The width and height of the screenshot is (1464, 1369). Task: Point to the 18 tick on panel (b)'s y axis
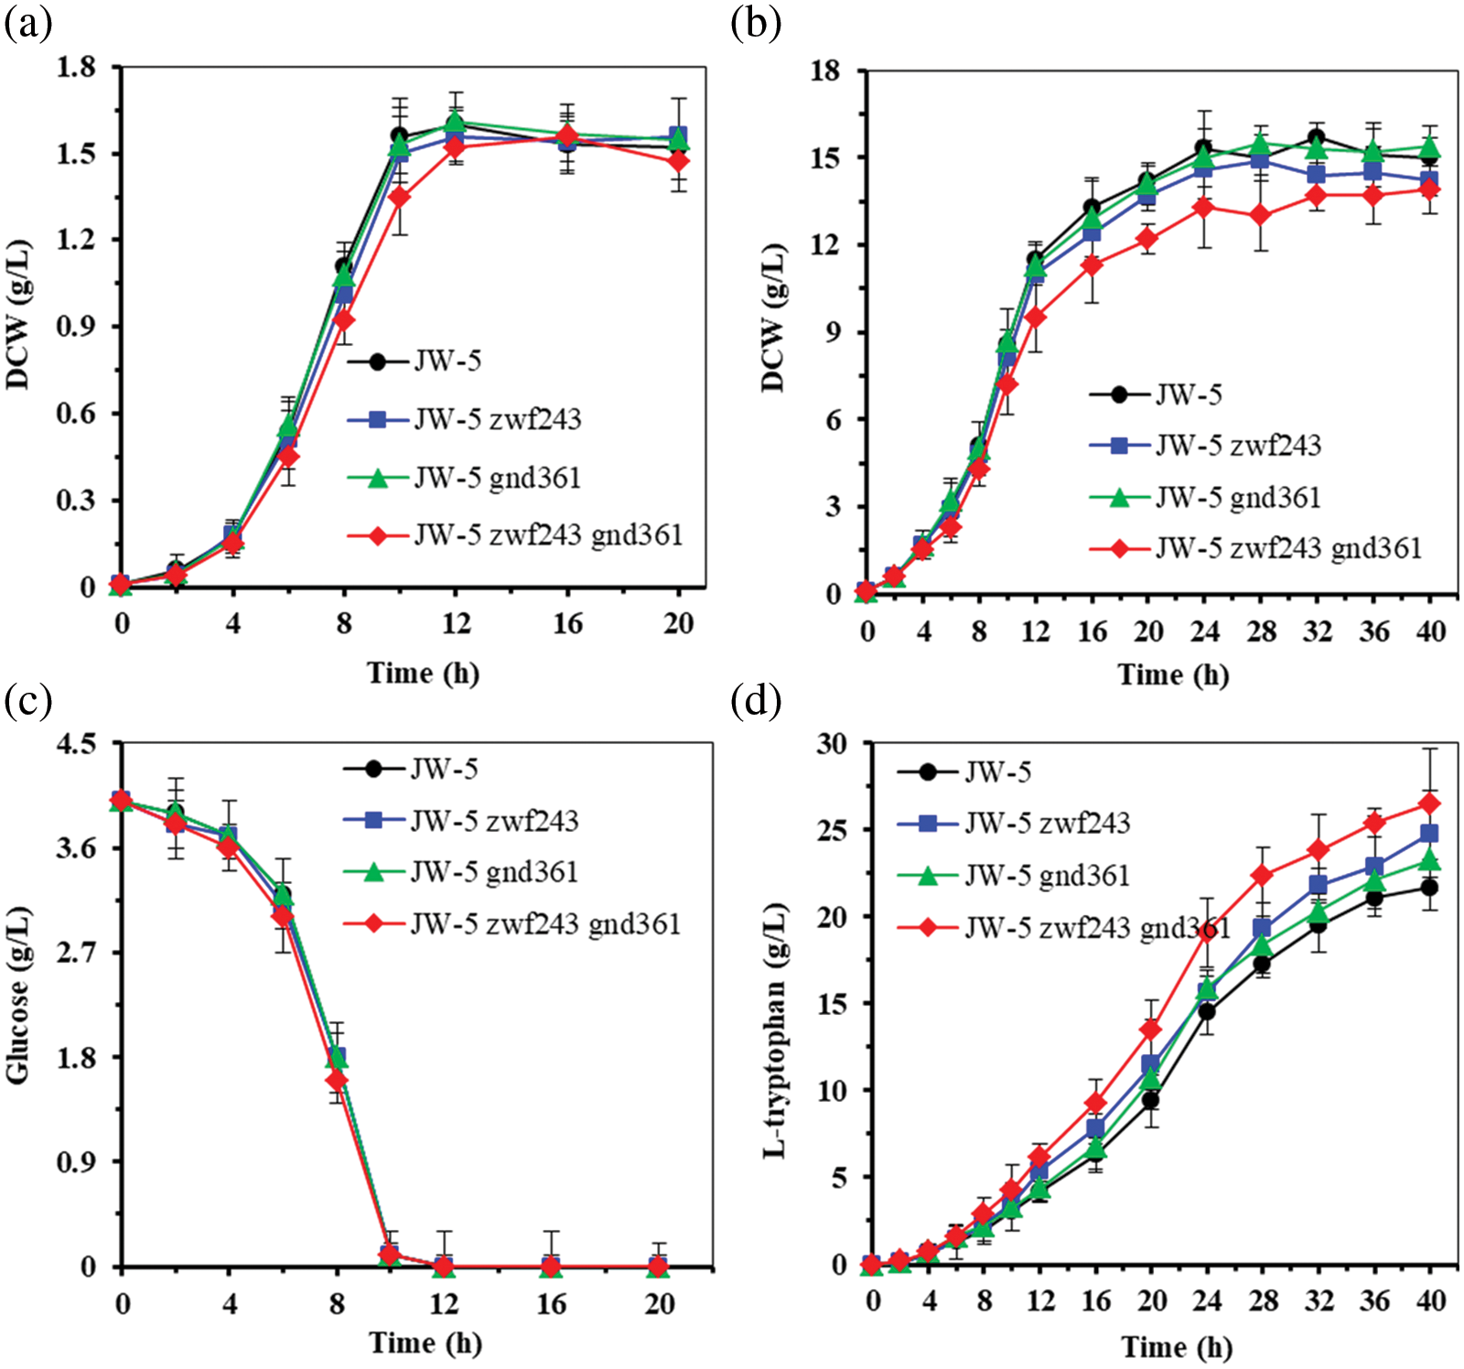824,70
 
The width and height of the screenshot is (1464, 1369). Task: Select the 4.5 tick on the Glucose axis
76,743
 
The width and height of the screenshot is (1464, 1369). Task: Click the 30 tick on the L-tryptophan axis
831,743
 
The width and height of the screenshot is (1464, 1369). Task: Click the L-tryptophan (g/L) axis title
774,1029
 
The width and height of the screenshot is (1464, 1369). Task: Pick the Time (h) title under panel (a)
423,674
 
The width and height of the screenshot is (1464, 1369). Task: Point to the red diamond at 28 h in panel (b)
1261,215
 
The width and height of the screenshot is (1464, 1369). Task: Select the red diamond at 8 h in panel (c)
337,1081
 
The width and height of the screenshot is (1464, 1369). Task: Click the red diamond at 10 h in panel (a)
400,197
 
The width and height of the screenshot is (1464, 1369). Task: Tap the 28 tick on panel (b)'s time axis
1261,632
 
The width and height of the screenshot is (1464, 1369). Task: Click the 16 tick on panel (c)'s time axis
551,1304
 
